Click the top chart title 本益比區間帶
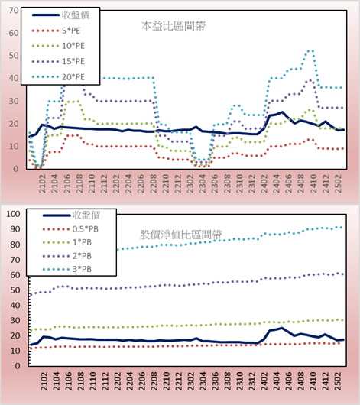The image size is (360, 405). tap(174, 26)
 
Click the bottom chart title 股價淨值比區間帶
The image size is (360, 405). tap(180, 235)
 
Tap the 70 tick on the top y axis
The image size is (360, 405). tap(14, 11)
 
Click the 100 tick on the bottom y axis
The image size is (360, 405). tap(13, 214)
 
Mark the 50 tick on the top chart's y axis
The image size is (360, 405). tap(14, 56)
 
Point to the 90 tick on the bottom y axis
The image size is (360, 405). tap(15, 229)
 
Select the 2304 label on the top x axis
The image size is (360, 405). tap(202, 183)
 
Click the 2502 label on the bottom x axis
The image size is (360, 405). tap(338, 381)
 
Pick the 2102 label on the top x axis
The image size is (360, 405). tap(42, 183)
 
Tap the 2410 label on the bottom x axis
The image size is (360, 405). tap(313, 381)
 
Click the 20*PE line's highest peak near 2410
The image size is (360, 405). tap(310, 51)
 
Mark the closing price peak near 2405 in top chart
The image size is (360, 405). tap(282, 112)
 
